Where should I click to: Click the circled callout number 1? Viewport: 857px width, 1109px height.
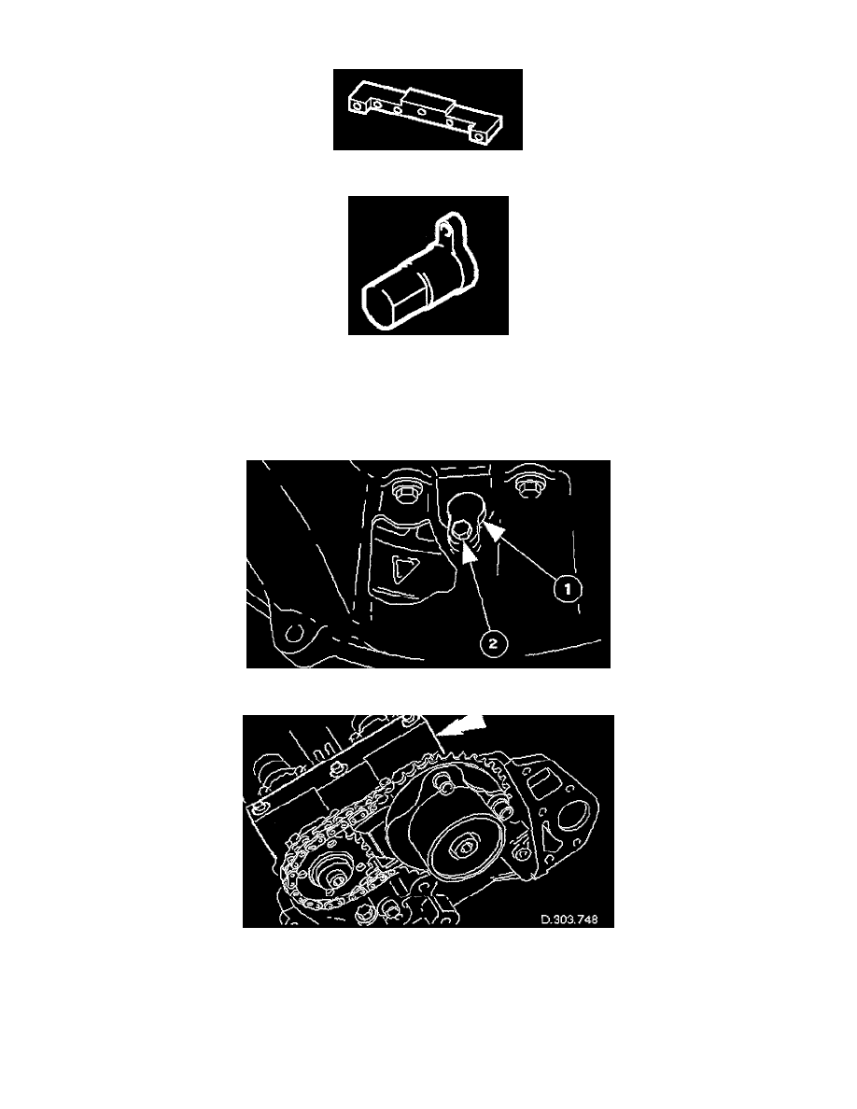(567, 588)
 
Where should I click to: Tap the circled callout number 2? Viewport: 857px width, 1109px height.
(493, 643)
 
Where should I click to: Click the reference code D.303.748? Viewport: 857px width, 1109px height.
(569, 919)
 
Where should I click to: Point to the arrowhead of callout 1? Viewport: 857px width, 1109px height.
(494, 533)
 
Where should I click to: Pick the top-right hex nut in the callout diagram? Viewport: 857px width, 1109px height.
(527, 486)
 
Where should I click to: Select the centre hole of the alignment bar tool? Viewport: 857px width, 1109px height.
(422, 112)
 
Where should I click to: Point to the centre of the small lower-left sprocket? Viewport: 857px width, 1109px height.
(336, 877)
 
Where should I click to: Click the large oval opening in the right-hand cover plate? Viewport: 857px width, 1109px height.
(573, 819)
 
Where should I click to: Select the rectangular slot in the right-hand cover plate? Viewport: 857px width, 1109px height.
(541, 780)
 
